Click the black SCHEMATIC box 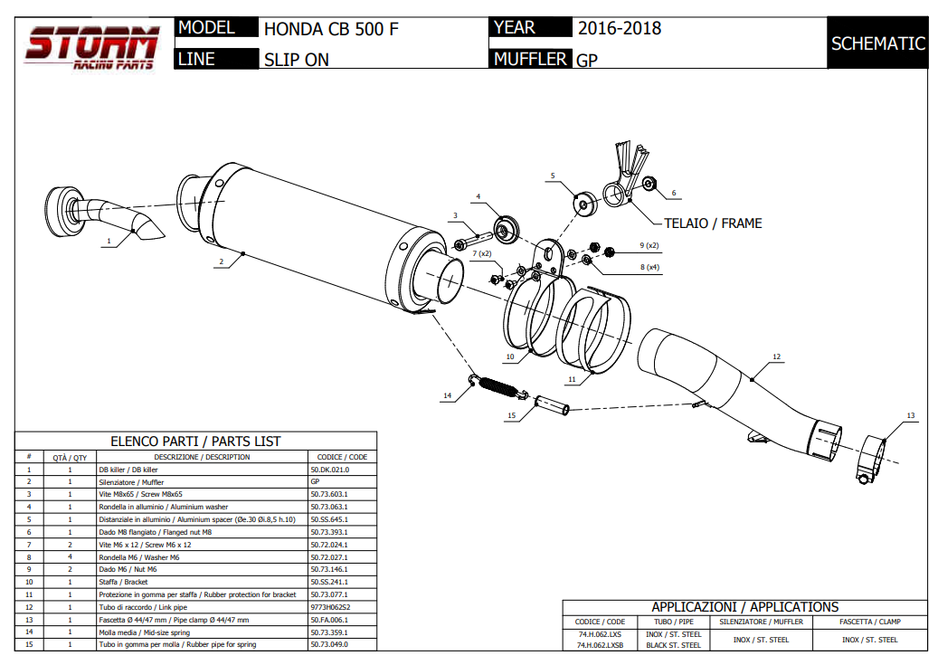pos(877,43)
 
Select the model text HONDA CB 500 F pos(331,29)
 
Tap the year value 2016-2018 pos(620,28)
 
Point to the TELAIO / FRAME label pos(713,223)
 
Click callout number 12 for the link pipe pos(776,357)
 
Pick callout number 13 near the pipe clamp pos(910,415)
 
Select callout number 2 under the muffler pos(221,262)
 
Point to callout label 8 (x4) pos(649,268)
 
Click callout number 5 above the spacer pos(552,176)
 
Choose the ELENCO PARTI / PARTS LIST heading pos(195,442)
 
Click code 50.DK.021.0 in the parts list pos(329,470)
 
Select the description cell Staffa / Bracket pos(123,582)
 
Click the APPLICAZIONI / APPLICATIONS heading pos(745,607)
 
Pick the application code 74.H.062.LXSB pos(601,645)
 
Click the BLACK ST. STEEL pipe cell pos(674,645)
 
